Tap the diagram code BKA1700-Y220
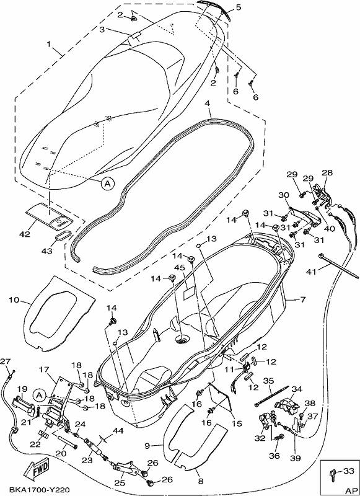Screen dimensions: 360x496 pos(35,490)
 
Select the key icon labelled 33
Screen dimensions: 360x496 pos(333,474)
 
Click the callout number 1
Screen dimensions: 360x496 pos(49,44)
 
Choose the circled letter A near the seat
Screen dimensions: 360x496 pos(107,182)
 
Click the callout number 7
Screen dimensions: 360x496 pos(303,299)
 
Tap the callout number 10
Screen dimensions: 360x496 pos(14,299)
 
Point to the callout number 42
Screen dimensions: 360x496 pos(25,234)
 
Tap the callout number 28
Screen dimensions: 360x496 pos(327,173)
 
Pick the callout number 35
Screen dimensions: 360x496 pos(268,380)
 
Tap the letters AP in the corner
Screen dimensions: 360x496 pos(349,490)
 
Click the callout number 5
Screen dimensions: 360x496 pos(238,7)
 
